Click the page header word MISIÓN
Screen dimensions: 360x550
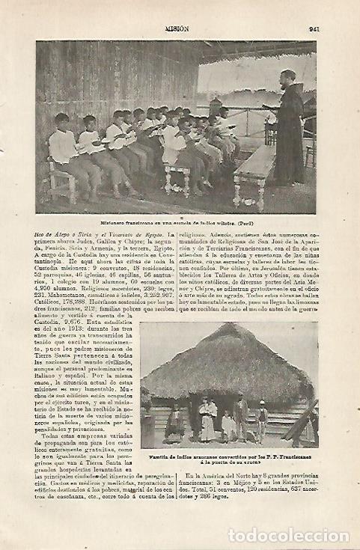point(177,30)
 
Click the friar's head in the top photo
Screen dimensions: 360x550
point(288,77)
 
